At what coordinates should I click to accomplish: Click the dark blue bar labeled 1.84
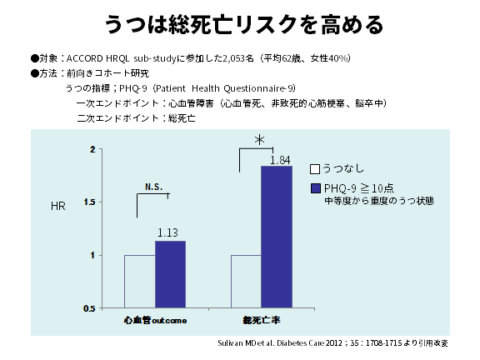277,237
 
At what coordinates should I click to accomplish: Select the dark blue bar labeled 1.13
170,274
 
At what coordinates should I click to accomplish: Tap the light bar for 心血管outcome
139,281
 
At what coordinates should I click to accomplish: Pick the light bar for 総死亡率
246,281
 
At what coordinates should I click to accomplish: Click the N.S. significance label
152,187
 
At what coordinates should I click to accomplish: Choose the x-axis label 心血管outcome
155,320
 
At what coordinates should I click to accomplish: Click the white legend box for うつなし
315,167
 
